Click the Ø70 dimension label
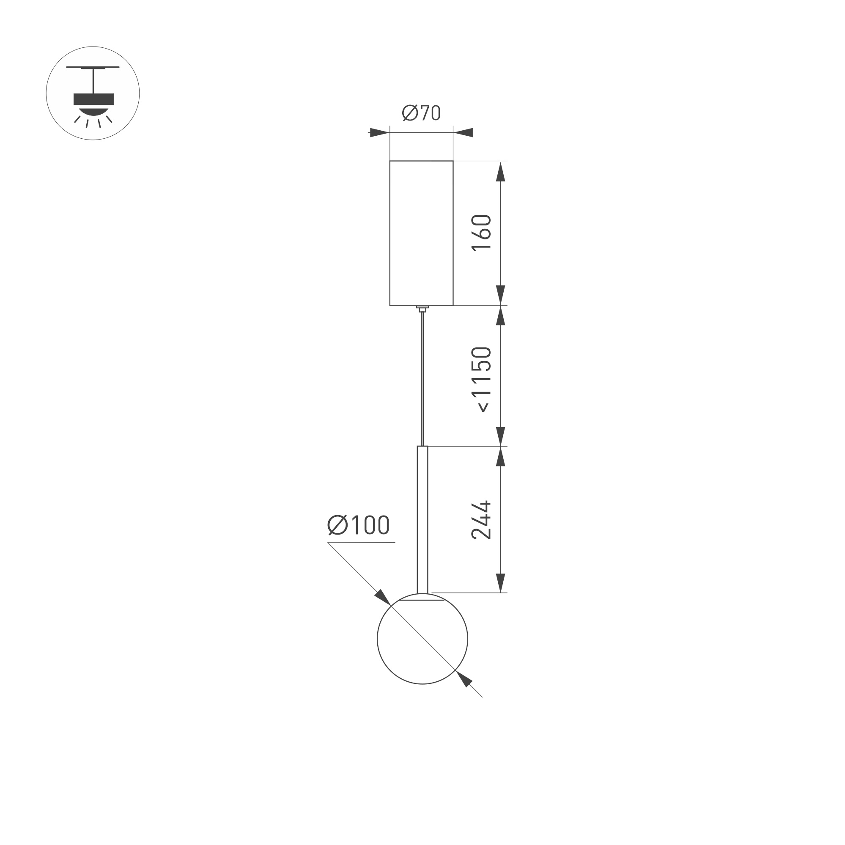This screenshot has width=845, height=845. [x=421, y=113]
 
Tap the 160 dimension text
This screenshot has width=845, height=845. [x=481, y=232]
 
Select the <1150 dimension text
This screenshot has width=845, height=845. [x=481, y=379]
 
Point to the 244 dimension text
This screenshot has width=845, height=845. [x=481, y=520]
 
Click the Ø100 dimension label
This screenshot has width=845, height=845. [x=358, y=525]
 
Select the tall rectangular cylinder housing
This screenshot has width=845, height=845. [x=421, y=233]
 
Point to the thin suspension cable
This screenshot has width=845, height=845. [x=422, y=376]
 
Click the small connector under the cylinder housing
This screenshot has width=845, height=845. [x=422, y=309]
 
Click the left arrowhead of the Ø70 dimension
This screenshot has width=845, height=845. [x=379, y=132]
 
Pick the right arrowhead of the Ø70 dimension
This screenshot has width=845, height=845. [x=463, y=132]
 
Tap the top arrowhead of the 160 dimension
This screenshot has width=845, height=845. [x=500, y=171]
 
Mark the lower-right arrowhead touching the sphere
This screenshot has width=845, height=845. [x=464, y=678]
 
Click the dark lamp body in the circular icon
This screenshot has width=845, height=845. [x=93, y=99]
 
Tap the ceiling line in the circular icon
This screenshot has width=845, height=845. [x=93, y=67]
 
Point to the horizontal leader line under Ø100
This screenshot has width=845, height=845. [x=361, y=542]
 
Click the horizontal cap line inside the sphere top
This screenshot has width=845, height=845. [x=422, y=600]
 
